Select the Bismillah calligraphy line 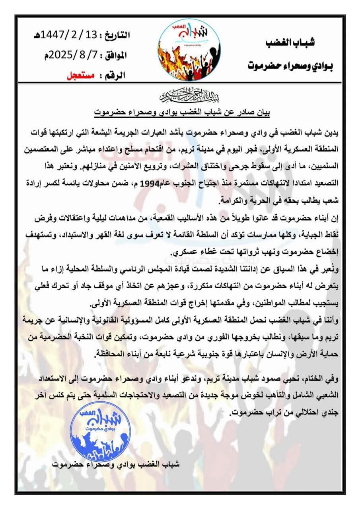pyautogui.click(x=180, y=95)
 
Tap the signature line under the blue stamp pyautogui.click(x=118, y=464)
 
